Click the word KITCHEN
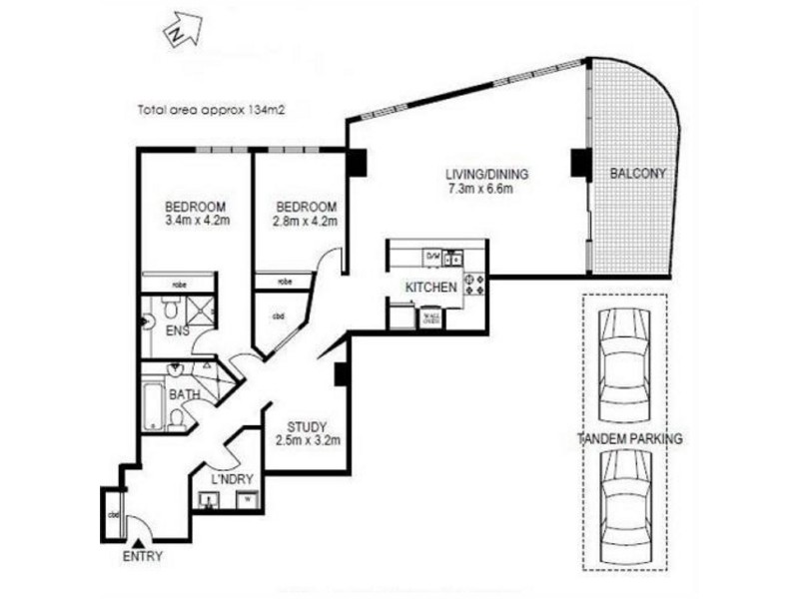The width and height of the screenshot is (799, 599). click(431, 288)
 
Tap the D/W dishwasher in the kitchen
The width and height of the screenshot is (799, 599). click(432, 258)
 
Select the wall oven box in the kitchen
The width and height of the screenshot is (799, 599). click(431, 318)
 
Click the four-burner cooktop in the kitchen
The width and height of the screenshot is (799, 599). click(474, 285)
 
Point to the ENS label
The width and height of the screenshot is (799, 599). click(179, 328)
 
